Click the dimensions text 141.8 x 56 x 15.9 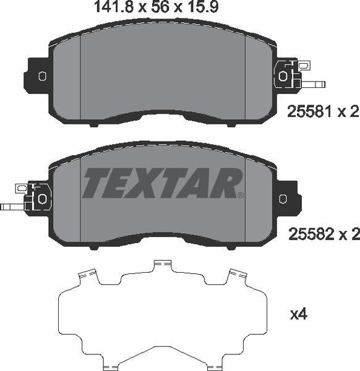(x=156, y=7)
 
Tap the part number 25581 (x=310, y=111)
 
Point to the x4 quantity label (x=299, y=315)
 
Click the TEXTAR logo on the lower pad (x=162, y=183)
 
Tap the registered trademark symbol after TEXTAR (x=240, y=195)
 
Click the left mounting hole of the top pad (x=42, y=76)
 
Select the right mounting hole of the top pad (x=283, y=76)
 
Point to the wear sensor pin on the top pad (x=313, y=84)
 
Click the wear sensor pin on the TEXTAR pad (x=12, y=207)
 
